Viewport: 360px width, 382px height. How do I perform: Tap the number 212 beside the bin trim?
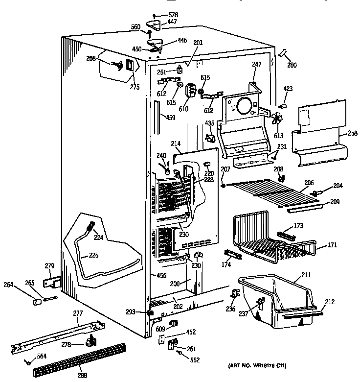(329, 302)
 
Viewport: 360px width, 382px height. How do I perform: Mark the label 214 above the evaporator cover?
(176, 143)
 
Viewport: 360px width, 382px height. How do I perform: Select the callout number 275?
(135, 87)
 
